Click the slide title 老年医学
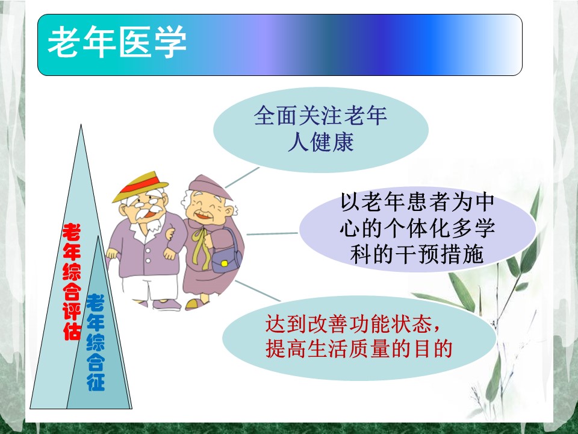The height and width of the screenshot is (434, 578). [x=117, y=42]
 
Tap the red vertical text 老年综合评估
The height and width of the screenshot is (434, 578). [x=72, y=281]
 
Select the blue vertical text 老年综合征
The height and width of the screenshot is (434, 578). [x=96, y=342]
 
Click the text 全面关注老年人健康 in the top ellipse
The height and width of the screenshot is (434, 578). [x=320, y=128]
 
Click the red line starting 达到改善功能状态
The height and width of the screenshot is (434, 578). [x=353, y=324]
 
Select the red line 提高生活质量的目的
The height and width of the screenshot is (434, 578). [x=359, y=348]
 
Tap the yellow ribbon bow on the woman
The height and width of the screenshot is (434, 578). [x=201, y=245]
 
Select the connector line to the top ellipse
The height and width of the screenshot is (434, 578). [x=242, y=177]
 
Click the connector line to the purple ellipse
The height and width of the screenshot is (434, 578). [x=272, y=234]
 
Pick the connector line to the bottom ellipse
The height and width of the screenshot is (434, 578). [x=258, y=291]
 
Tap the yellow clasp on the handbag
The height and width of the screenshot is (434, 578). [x=224, y=263]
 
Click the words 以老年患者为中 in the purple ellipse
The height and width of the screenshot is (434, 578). [x=417, y=202]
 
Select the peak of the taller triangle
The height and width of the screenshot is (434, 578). [x=81, y=124]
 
